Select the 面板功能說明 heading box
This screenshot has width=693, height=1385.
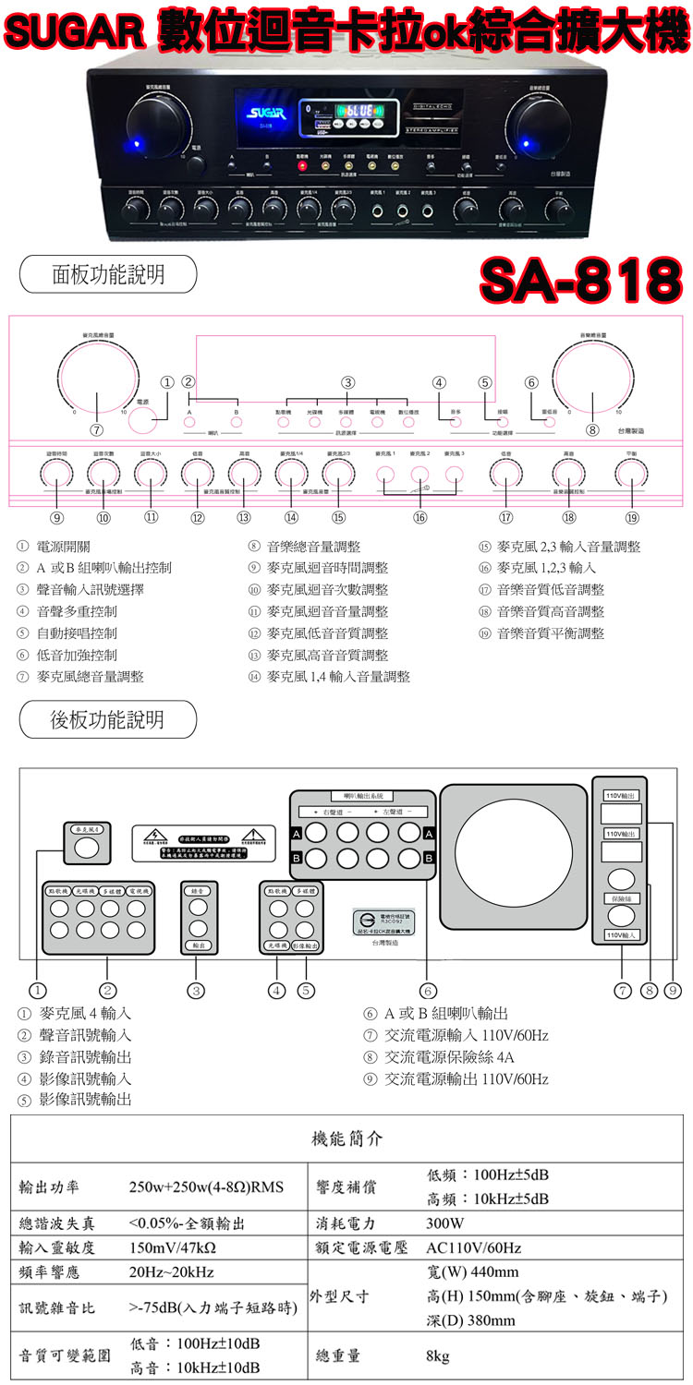pyautogui.click(x=108, y=274)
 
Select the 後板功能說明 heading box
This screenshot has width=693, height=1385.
pyautogui.click(x=108, y=719)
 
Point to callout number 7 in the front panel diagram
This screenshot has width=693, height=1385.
pyautogui.click(x=96, y=430)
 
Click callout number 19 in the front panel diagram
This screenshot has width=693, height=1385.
pyautogui.click(x=632, y=518)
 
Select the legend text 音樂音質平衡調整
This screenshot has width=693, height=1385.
pyautogui.click(x=551, y=633)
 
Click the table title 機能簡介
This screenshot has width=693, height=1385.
pyautogui.click(x=346, y=1138)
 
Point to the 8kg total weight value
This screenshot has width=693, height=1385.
pyautogui.click(x=437, y=1356)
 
